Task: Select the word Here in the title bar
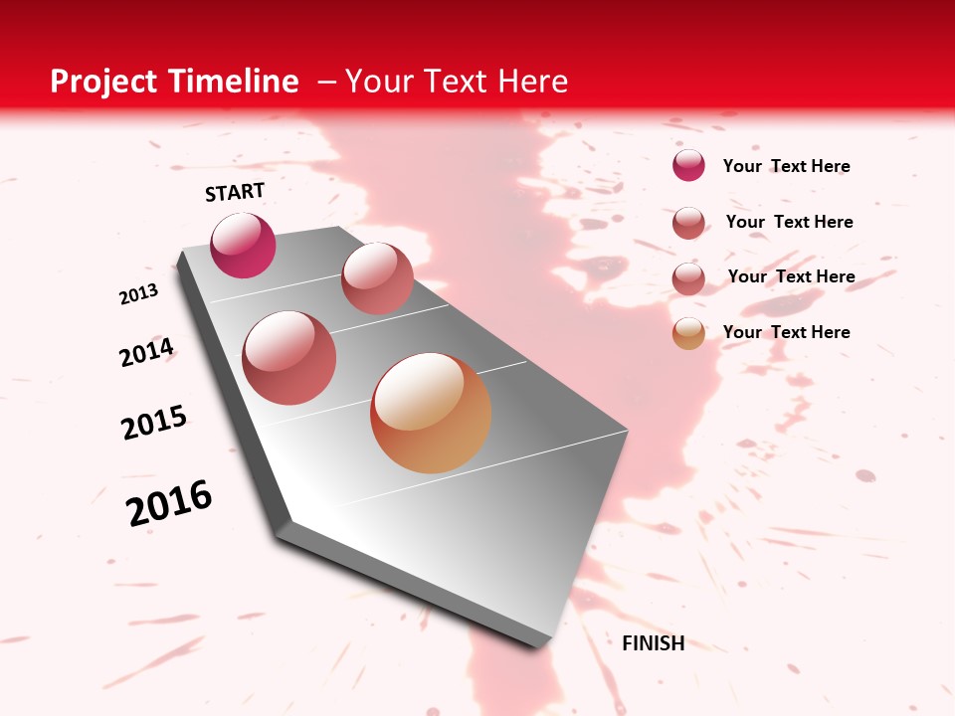click(x=533, y=82)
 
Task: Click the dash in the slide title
click(x=325, y=82)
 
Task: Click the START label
click(x=235, y=192)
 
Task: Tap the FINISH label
click(x=653, y=643)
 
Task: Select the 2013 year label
click(x=138, y=294)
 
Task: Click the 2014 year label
click(x=147, y=353)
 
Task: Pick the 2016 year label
click(x=169, y=503)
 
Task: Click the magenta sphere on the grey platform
click(x=243, y=246)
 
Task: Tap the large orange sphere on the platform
click(x=431, y=413)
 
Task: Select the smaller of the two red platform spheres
click(x=377, y=278)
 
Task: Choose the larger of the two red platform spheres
click(x=288, y=357)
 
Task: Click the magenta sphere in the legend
click(x=688, y=165)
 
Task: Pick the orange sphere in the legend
click(x=688, y=334)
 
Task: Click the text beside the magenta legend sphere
click(x=786, y=166)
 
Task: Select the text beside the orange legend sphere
click(x=786, y=332)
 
